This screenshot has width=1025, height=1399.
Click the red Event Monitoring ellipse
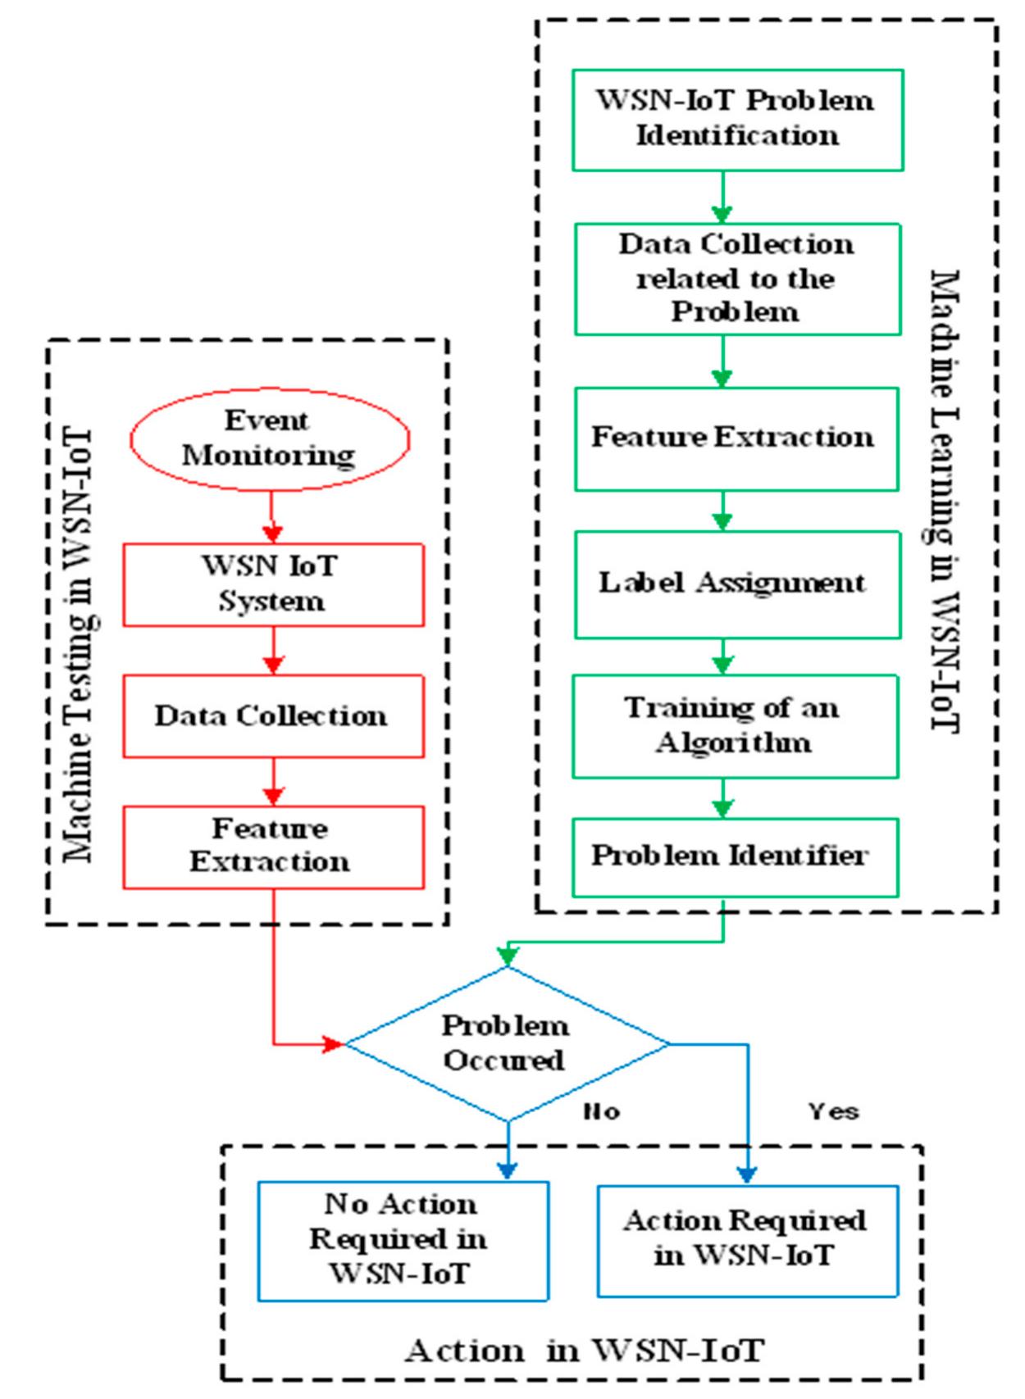click(269, 438)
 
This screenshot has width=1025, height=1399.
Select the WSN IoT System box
click(273, 584)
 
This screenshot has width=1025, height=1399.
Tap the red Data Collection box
click(273, 715)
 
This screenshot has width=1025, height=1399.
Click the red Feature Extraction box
click(273, 847)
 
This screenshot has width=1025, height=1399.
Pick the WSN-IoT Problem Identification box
click(737, 120)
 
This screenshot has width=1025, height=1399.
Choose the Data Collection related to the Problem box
click(737, 279)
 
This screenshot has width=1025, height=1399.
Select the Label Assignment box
click(736, 584)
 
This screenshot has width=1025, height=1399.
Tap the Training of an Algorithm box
click(735, 725)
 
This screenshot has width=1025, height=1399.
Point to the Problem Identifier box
click(735, 856)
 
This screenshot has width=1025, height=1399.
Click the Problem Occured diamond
click(506, 1043)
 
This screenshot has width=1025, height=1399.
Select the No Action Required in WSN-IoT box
click(402, 1240)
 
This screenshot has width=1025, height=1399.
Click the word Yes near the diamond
click(833, 1111)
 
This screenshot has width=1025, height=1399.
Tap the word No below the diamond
click(601, 1111)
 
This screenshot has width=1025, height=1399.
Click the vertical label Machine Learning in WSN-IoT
click(945, 500)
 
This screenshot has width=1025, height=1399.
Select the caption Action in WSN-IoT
click(584, 1350)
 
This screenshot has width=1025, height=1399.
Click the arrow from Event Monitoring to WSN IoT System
click(273, 517)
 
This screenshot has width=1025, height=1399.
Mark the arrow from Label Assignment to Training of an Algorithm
click(722, 656)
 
